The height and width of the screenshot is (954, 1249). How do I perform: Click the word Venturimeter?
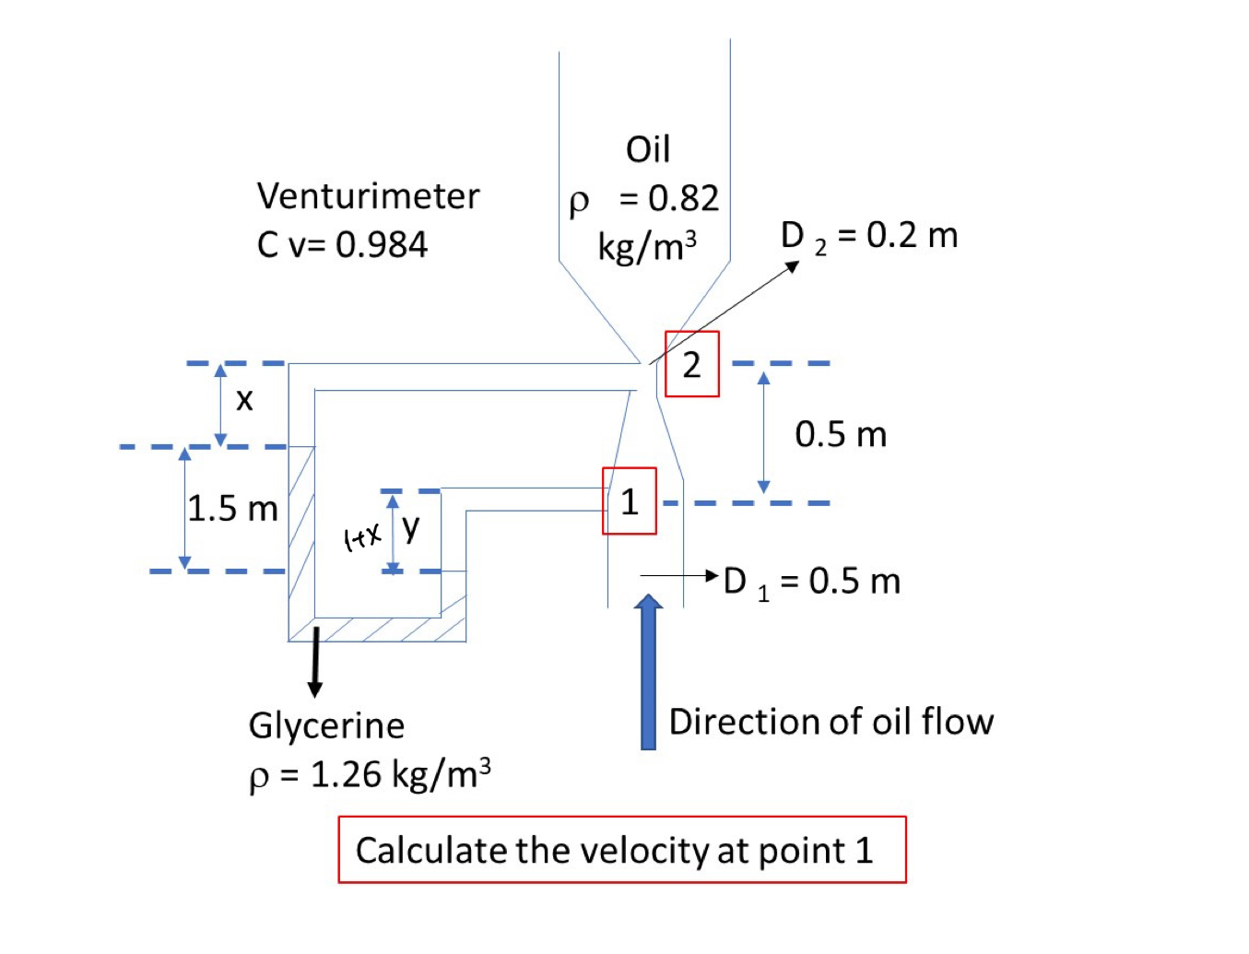click(x=368, y=196)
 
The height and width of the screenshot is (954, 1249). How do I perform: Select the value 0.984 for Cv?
click(x=382, y=245)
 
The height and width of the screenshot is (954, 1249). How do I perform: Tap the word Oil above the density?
click(x=648, y=149)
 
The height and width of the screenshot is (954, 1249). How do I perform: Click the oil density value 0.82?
click(x=683, y=198)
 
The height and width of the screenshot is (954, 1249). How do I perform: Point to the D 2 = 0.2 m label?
click(x=869, y=236)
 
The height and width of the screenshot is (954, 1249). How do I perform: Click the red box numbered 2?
click(x=691, y=364)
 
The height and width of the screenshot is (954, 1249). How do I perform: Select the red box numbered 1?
click(x=630, y=501)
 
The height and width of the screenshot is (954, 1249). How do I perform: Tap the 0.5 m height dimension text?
click(x=841, y=434)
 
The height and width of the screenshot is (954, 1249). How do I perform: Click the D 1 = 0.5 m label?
click(x=811, y=582)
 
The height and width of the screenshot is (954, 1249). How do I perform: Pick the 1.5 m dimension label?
click(x=232, y=509)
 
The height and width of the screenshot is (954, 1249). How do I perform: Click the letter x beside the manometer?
click(x=244, y=399)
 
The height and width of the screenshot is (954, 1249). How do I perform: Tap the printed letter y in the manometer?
click(x=411, y=526)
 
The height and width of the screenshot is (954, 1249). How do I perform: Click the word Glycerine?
click(x=326, y=725)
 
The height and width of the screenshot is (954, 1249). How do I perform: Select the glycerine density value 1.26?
click(x=347, y=775)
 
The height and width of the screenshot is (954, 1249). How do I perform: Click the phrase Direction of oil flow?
click(x=831, y=722)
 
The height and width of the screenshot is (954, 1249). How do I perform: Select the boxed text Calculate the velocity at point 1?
click(x=615, y=850)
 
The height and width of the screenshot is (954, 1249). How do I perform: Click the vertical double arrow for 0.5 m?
click(x=763, y=433)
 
